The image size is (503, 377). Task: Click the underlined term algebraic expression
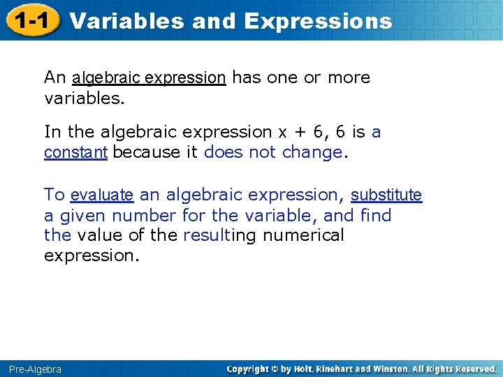149,77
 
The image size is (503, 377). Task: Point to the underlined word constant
75,151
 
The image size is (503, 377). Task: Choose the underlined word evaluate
102,195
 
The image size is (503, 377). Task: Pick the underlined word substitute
386,195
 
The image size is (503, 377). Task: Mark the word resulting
219,235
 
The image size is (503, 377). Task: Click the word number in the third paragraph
145,215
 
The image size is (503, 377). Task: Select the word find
376,215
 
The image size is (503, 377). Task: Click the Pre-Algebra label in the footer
35,369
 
